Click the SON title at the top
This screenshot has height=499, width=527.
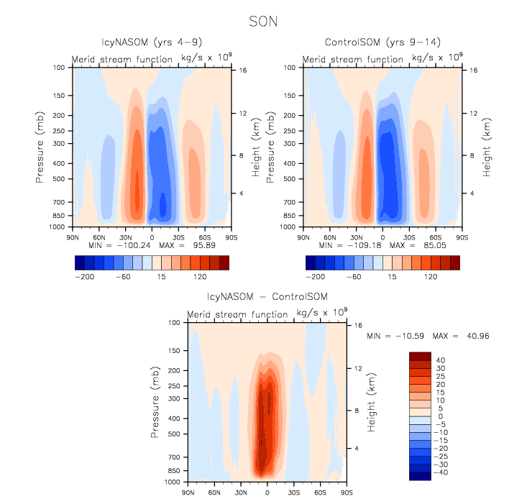pos(263,22)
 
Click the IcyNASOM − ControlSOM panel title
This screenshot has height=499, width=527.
pos(267,298)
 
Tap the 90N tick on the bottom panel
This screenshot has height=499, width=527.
pos(188,492)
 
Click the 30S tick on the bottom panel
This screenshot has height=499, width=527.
pos(293,492)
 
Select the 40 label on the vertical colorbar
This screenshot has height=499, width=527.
pos(441,360)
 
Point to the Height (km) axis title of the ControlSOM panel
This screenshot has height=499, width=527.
pos(488,149)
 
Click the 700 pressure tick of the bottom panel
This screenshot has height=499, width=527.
pos(173,457)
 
